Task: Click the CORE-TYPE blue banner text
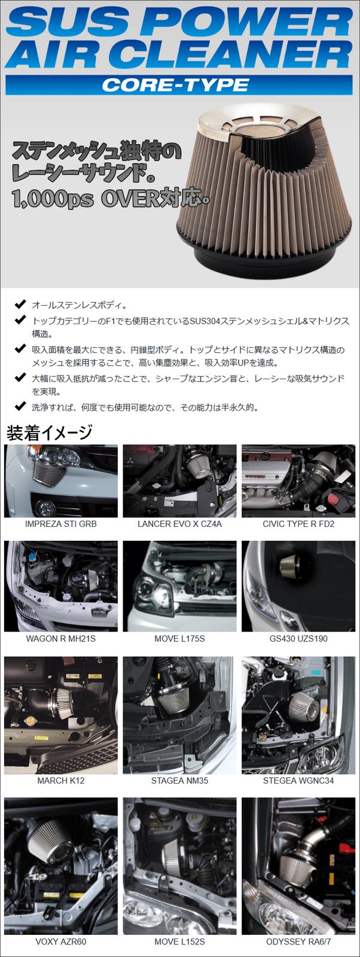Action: pos(175,85)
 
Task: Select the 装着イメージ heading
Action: pos(49,432)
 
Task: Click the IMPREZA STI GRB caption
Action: pos(60,524)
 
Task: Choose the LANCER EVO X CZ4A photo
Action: pos(179,481)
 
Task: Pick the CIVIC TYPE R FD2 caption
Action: pos(298,524)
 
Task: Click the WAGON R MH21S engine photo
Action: pos(60,586)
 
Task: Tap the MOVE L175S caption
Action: pos(179,639)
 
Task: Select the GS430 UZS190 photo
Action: pos(298,586)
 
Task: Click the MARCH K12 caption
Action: pos(60,781)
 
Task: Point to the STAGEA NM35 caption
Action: pos(179,781)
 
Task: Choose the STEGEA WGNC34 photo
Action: pos(298,715)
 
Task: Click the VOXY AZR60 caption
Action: pos(60,941)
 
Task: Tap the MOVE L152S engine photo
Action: pos(179,865)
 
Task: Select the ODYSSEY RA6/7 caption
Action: pos(298,941)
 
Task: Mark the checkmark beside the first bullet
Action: pos(20,304)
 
